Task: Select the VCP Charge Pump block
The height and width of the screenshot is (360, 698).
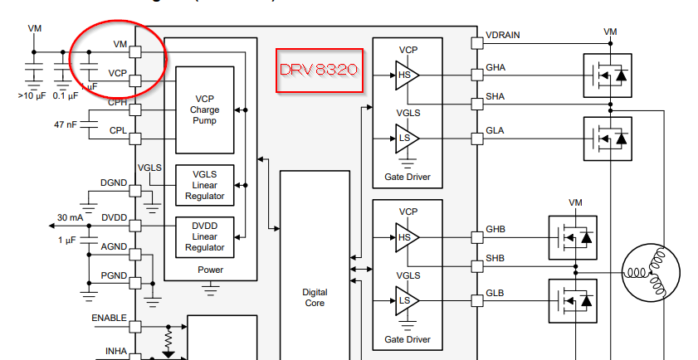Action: pos(204,109)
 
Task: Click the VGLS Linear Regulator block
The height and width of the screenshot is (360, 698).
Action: pos(204,184)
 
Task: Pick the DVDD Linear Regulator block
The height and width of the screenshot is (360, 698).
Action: pos(204,236)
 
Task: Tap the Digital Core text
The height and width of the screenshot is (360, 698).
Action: pos(315,298)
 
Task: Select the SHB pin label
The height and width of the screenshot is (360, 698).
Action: pos(495,258)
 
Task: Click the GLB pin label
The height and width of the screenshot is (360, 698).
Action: pos(495,294)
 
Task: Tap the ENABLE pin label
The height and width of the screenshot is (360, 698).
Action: pos(109,318)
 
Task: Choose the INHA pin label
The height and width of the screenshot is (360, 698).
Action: pos(115,351)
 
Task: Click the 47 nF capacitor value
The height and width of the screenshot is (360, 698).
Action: pos(66,124)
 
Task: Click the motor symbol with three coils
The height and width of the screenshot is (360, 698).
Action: pos(652,269)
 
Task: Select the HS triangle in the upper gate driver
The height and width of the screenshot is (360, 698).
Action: pos(408,75)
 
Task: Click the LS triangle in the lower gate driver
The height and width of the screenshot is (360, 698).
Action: pos(408,299)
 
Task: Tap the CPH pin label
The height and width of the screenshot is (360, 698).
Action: pos(117,103)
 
